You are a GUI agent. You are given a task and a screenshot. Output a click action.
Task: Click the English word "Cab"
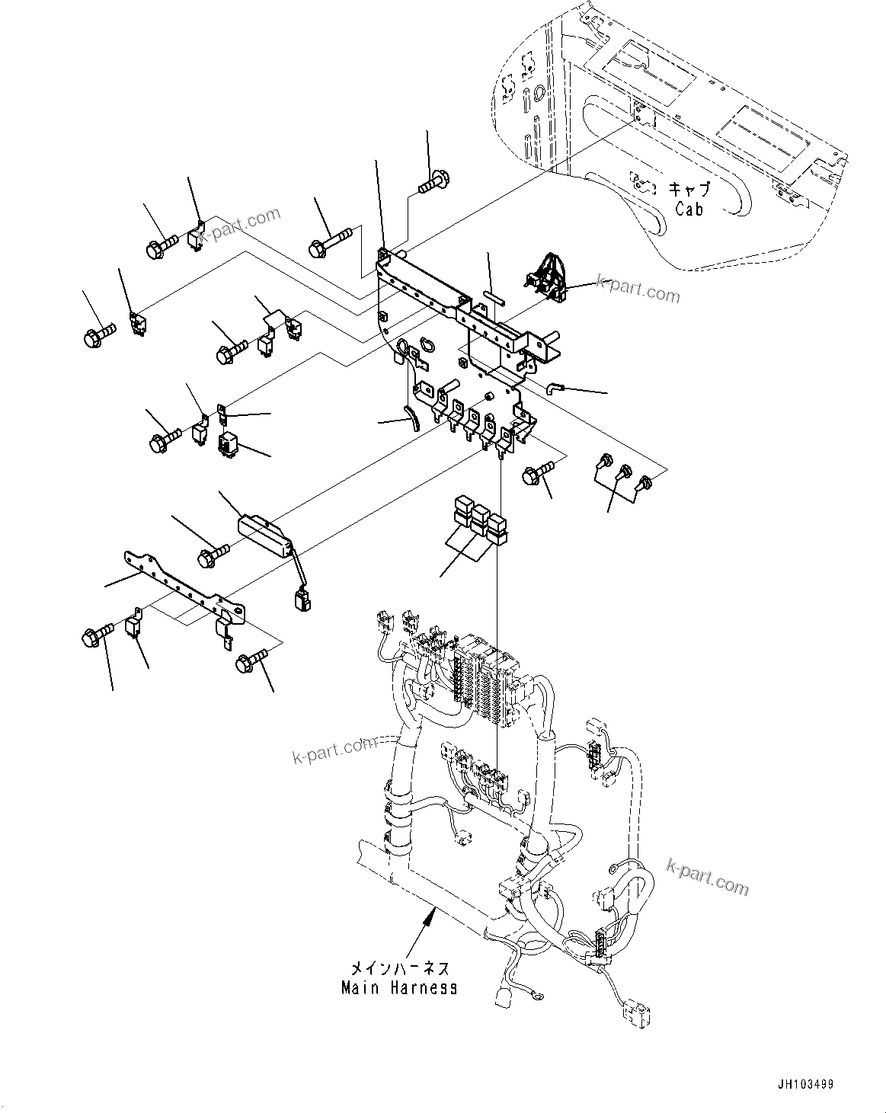point(689,208)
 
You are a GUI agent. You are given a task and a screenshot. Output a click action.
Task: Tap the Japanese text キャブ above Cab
point(689,189)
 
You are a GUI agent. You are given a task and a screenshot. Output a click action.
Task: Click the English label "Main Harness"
point(399,988)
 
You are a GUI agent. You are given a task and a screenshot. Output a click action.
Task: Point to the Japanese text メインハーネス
point(399,969)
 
